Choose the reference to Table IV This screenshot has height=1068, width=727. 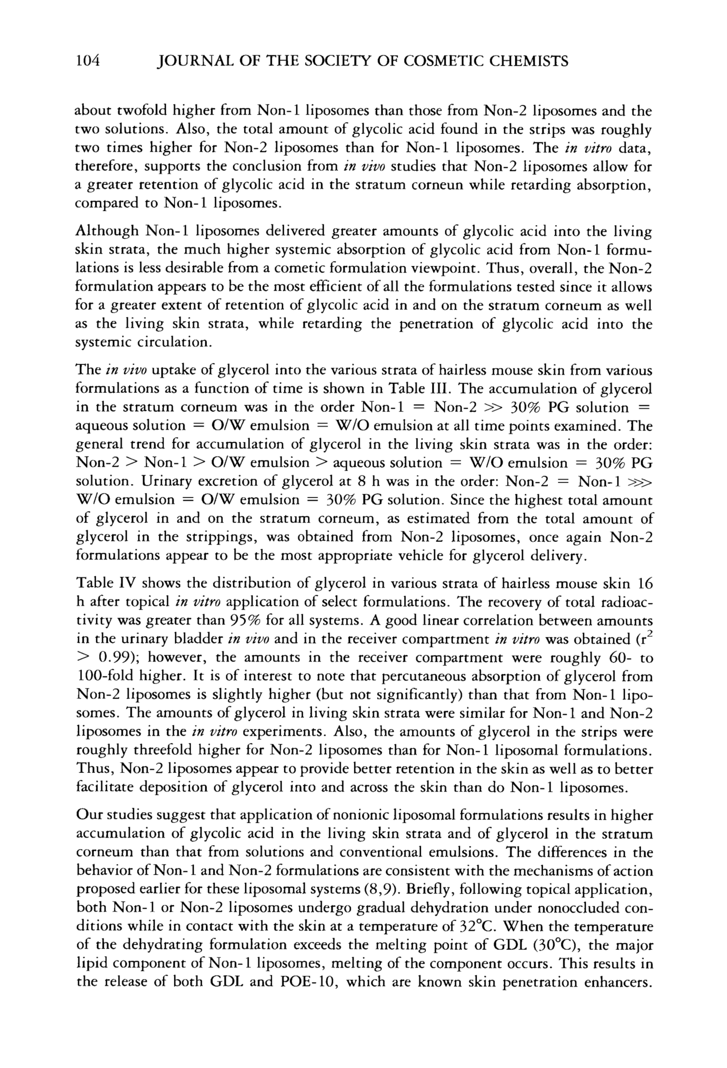coord(104,583)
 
